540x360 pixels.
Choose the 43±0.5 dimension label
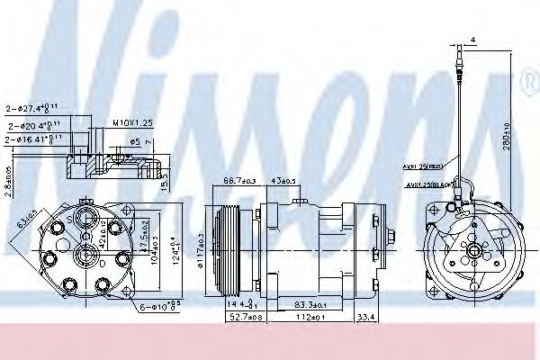click(284, 184)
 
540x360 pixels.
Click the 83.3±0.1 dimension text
click(308, 302)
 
